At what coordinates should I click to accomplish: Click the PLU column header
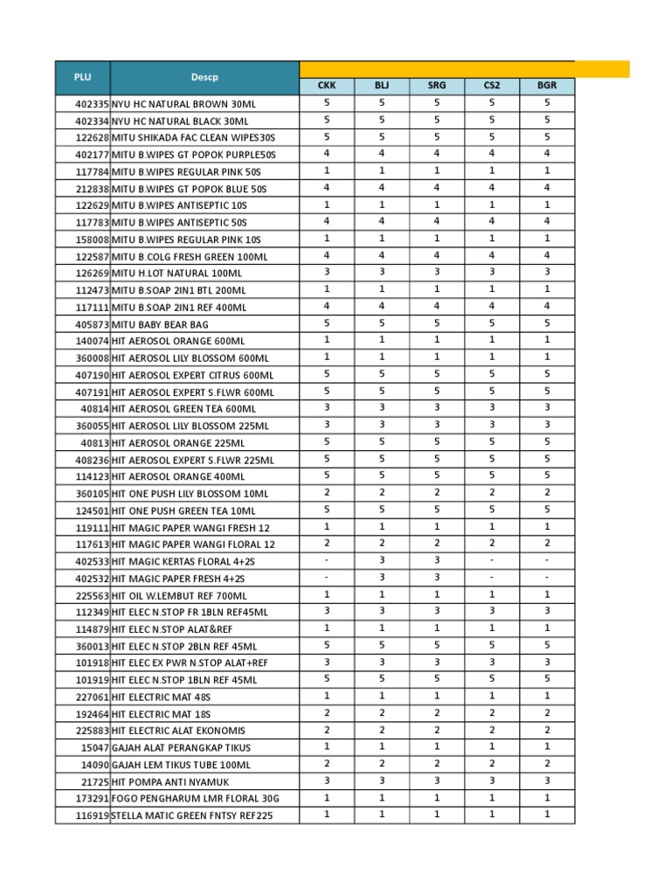[x=82, y=77]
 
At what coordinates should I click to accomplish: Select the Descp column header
[x=204, y=77]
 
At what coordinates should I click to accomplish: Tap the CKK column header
[x=327, y=86]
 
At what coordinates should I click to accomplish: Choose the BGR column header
[x=546, y=86]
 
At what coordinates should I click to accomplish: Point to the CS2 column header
[x=492, y=86]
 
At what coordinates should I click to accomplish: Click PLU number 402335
[x=92, y=104]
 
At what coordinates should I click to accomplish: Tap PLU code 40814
[x=95, y=409]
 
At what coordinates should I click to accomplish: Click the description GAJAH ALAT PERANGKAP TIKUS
[x=181, y=747]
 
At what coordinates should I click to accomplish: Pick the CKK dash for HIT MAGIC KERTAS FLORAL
[x=327, y=560]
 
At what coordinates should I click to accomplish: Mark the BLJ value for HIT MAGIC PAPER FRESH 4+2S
[x=382, y=578]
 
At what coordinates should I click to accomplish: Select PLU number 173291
[x=92, y=799]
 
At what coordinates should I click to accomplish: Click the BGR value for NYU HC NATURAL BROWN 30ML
[x=546, y=103]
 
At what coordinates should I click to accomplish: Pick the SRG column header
[x=437, y=86]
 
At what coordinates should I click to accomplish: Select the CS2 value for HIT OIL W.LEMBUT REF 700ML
[x=492, y=594]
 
